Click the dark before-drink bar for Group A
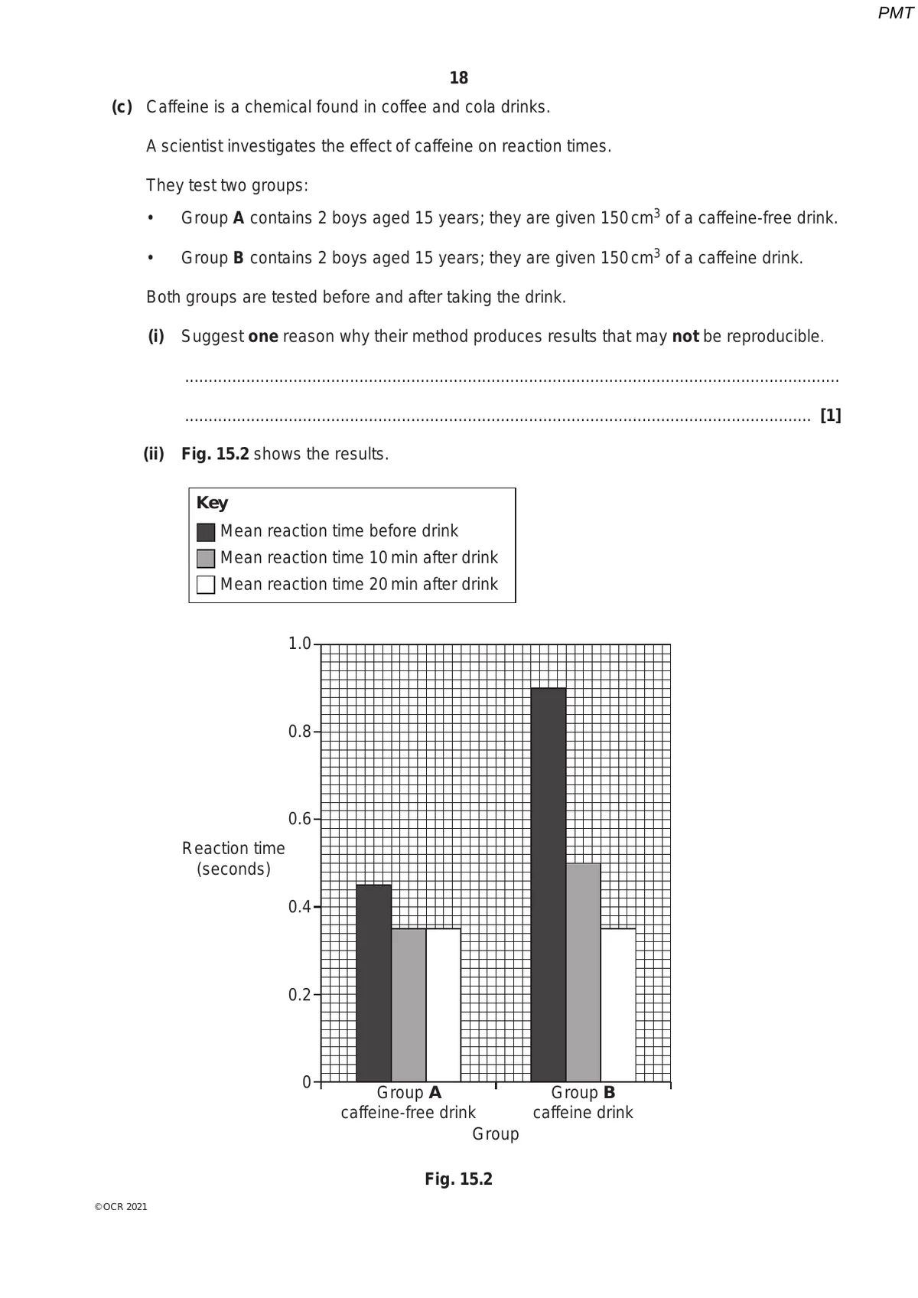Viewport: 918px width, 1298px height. point(373,983)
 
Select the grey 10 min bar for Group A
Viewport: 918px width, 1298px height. point(409,1004)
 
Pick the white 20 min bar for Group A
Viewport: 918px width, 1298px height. point(443,1004)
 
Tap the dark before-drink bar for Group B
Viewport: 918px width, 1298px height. point(548,884)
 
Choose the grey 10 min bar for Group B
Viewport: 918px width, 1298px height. point(583,972)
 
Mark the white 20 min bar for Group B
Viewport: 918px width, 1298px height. point(618,1004)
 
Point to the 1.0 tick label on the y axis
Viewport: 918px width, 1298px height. point(299,644)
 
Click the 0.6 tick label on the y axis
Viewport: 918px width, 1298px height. point(299,819)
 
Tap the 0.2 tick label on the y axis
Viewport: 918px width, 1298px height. point(299,995)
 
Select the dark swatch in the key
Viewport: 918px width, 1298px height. point(206,532)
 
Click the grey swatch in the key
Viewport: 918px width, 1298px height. point(206,558)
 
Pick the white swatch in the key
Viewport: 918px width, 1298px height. point(206,585)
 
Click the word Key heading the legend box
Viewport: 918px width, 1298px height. point(212,503)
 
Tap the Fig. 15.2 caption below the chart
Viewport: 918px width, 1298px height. point(458,1179)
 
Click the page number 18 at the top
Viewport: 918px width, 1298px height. point(458,78)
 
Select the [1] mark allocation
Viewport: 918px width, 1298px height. point(830,416)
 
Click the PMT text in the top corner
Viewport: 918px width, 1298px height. point(895,13)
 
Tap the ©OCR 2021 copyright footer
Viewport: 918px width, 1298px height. point(121,1207)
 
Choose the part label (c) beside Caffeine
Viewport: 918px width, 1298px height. point(122,107)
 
